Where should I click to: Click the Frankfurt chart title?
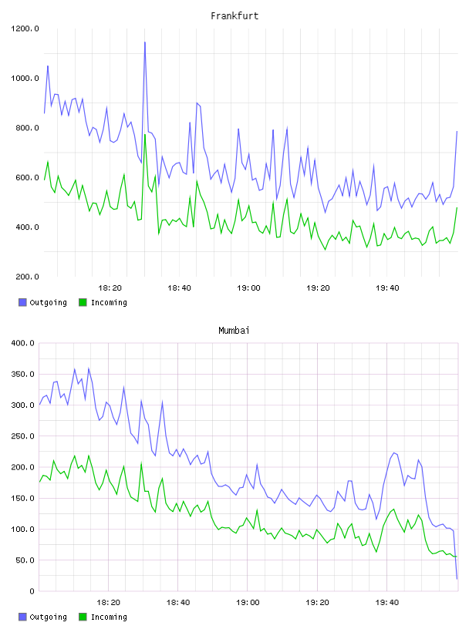click(235, 16)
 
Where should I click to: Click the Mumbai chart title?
click(234, 331)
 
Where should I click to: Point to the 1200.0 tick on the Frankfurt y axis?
click(25, 29)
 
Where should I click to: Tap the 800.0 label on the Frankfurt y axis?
click(25, 128)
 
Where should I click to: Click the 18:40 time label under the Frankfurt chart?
click(179, 288)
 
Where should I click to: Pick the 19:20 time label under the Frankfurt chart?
click(318, 288)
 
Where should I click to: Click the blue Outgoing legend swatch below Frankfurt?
click(22, 302)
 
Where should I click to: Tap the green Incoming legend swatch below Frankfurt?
click(83, 302)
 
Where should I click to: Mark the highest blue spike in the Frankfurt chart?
click(145, 42)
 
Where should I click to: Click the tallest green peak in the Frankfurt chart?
click(145, 135)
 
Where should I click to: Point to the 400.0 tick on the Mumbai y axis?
click(23, 343)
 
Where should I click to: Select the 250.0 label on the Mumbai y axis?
click(23, 436)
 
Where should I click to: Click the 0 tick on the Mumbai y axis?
click(32, 591)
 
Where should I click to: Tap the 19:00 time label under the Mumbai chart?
click(248, 603)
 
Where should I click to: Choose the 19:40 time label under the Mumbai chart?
click(387, 603)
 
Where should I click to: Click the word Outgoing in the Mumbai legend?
click(48, 617)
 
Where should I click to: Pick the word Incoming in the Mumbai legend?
click(109, 617)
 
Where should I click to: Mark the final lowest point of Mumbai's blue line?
click(457, 579)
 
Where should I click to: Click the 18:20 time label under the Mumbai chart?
click(109, 603)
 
